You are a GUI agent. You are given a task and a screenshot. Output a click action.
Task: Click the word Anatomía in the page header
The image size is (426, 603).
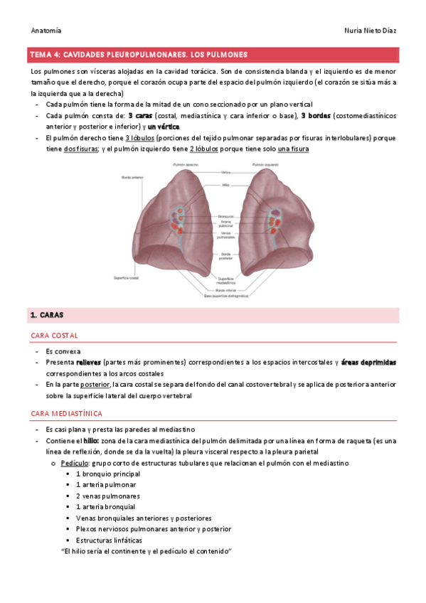(46, 31)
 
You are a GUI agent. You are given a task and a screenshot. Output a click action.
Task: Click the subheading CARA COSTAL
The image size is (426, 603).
(55, 336)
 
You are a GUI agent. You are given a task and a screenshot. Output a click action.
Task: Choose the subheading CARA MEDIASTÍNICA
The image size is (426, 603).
(68, 413)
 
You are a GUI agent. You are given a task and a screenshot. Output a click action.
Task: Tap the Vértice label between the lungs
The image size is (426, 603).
(225, 173)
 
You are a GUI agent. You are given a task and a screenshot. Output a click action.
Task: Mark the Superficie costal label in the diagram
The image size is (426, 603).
(127, 277)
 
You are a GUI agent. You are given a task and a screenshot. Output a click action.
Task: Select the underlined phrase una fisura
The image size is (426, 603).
(294, 149)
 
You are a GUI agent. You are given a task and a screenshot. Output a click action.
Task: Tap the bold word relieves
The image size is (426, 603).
(92, 363)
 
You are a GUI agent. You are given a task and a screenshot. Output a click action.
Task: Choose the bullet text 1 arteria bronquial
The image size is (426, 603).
(105, 507)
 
